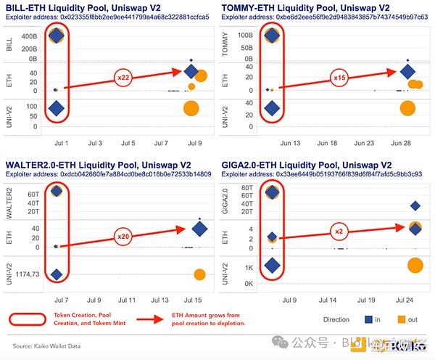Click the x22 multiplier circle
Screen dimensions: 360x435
tap(125, 77)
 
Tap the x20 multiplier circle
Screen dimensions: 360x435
tap(125, 237)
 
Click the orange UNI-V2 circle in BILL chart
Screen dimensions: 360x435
tap(191, 109)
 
